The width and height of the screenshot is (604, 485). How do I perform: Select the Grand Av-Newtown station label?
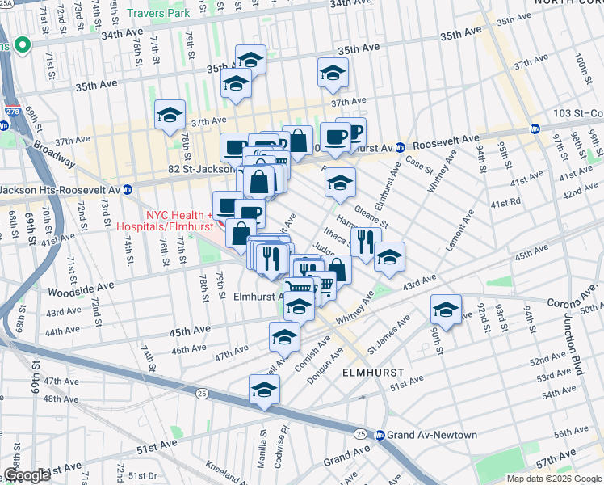click(432, 435)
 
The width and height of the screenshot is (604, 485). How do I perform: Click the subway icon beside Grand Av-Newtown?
click(380, 435)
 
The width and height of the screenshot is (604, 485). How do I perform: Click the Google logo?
click(27, 475)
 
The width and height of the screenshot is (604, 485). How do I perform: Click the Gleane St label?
click(373, 216)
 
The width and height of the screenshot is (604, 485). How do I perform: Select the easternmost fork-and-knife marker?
click(366, 240)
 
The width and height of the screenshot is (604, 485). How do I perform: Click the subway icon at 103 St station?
click(535, 129)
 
